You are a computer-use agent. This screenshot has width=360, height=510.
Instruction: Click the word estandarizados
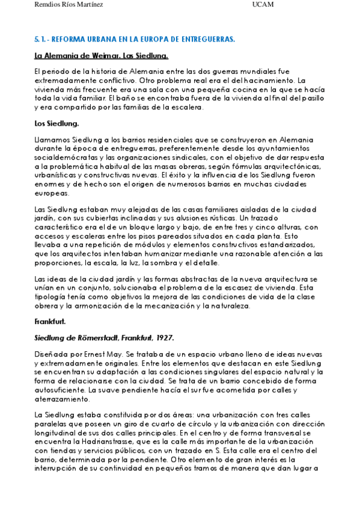(x=276, y=245)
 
